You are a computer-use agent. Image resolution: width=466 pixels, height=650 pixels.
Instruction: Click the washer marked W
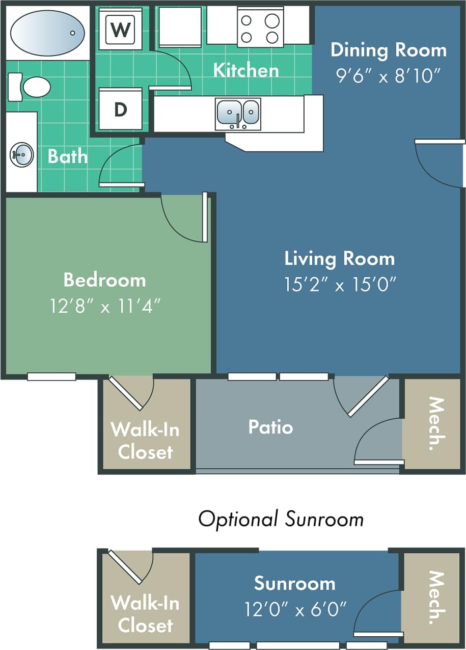tap(120, 30)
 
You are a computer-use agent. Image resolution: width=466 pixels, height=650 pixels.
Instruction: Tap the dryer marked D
tap(120, 109)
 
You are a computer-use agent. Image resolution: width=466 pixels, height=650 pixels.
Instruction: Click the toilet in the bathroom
tap(31, 87)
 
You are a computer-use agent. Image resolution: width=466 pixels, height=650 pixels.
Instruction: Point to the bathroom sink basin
tap(22, 154)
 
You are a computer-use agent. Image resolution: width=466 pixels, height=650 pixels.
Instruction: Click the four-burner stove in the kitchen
tap(260, 29)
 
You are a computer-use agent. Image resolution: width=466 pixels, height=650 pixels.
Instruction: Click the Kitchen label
tap(245, 70)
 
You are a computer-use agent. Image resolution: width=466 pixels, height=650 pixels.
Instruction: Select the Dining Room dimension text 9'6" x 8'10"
tap(388, 76)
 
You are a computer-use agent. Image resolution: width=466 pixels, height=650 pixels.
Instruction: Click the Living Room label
tap(339, 258)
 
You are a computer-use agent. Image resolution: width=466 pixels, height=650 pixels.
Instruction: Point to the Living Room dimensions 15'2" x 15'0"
tap(340, 284)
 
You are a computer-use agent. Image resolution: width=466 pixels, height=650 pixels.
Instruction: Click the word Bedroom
tap(104, 280)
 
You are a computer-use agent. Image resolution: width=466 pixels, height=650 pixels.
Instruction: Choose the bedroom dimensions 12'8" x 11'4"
tap(105, 306)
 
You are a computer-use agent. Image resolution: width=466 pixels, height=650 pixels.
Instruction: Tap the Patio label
tap(270, 427)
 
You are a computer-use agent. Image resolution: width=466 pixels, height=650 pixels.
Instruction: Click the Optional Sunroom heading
tap(281, 519)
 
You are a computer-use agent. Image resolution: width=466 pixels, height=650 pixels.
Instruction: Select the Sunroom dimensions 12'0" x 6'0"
tap(295, 608)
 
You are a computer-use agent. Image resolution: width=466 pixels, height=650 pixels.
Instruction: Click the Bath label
tap(68, 156)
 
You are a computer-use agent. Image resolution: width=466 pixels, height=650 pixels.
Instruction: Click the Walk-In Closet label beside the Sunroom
tap(145, 614)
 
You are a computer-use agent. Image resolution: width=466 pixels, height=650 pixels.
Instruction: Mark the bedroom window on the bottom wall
tap(51, 377)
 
